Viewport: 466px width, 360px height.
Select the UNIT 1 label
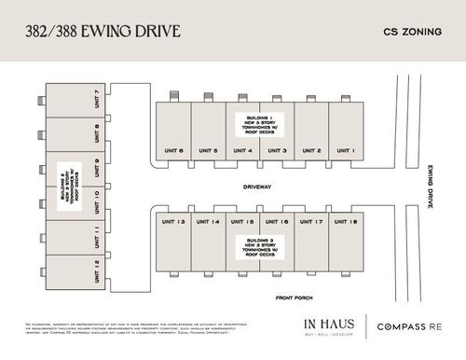click(x=347, y=150)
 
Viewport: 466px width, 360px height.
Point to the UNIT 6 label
click(x=174, y=150)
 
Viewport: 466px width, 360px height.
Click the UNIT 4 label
click(x=243, y=150)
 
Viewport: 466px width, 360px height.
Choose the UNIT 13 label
click(x=174, y=222)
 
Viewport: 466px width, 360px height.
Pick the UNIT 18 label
click(x=347, y=222)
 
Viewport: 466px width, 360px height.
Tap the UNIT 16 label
click(x=278, y=222)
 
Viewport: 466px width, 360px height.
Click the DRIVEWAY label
click(x=260, y=187)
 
